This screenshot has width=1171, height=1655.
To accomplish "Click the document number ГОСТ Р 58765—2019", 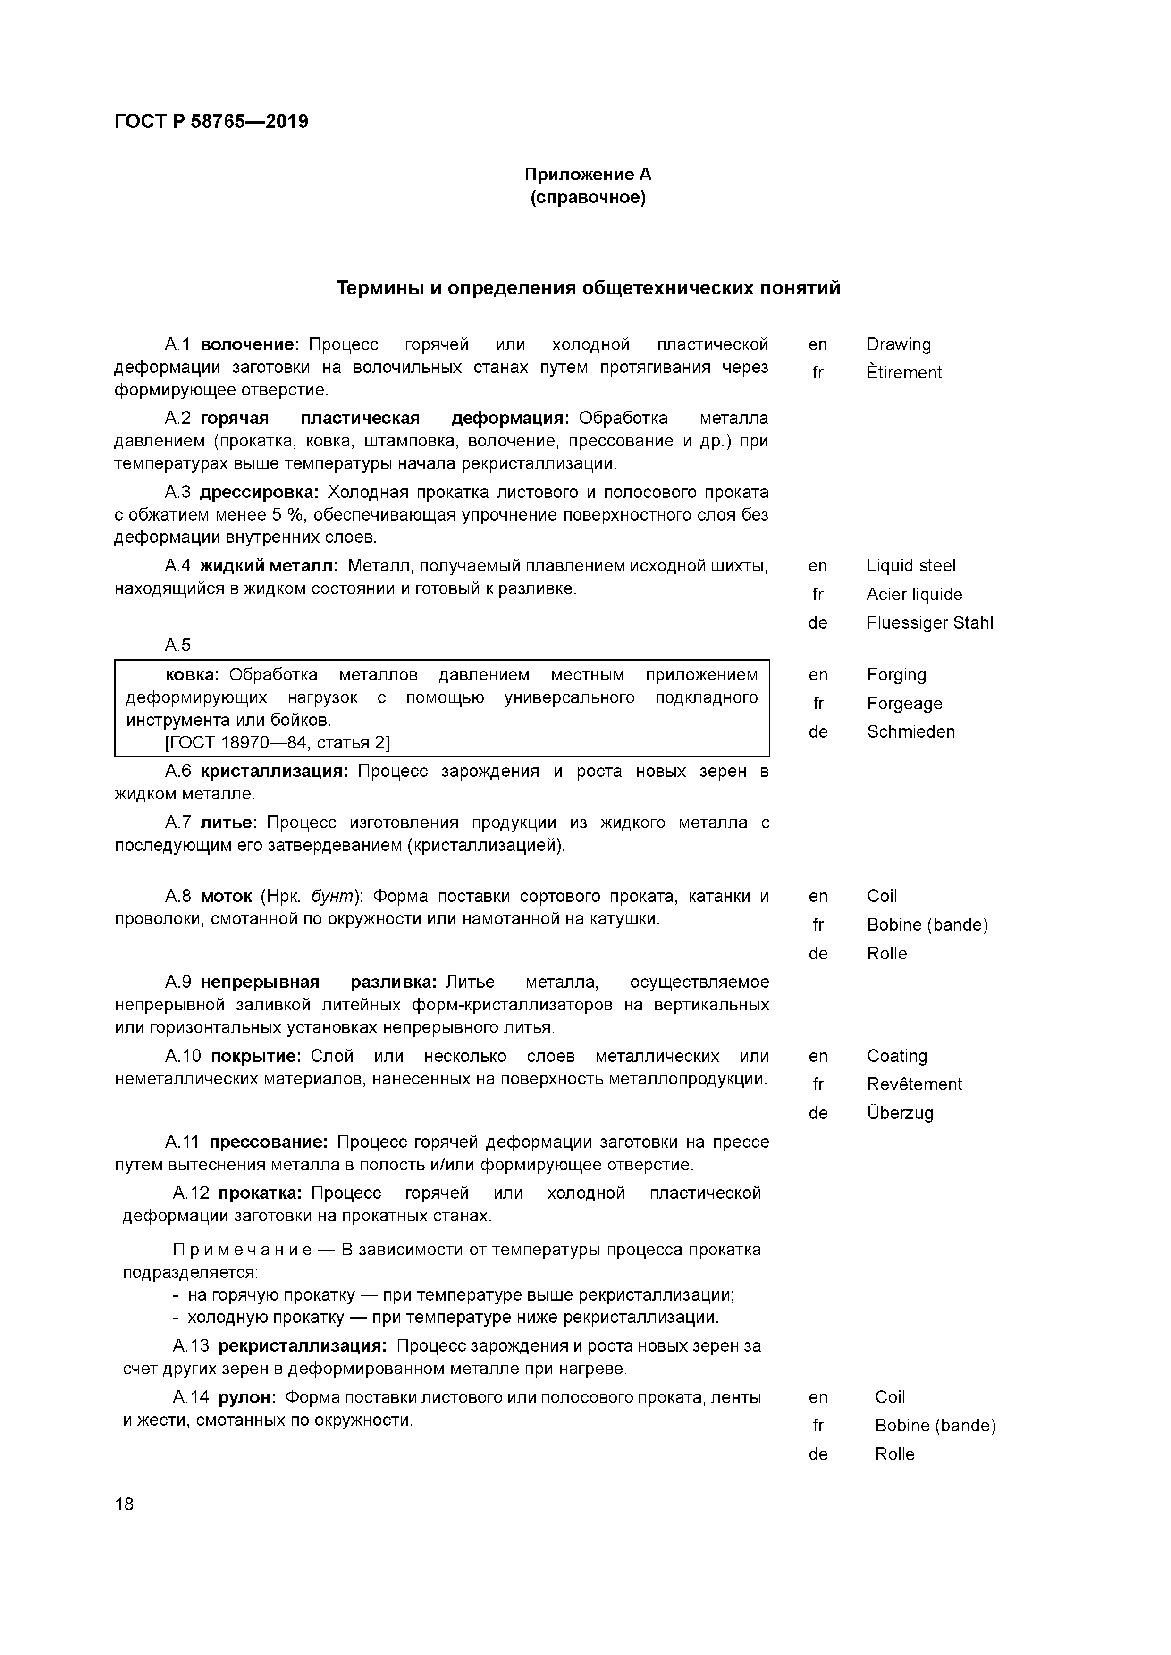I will tap(211, 121).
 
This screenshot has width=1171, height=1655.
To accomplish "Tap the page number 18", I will tap(124, 1504).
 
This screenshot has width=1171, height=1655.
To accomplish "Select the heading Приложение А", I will tap(588, 175).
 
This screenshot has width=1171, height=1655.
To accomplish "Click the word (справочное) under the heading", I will tap(588, 198).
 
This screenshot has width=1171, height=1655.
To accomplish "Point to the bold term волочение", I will tap(249, 344).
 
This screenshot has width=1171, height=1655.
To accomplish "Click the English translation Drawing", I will tap(899, 344).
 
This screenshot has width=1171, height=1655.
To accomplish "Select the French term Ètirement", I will tap(904, 373).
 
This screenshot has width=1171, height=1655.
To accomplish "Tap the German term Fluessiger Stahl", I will tap(929, 623).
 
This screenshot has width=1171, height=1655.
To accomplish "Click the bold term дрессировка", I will tap(259, 492).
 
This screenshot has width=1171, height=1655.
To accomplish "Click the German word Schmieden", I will tap(910, 731).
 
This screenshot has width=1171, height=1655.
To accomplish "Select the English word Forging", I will tap(896, 675).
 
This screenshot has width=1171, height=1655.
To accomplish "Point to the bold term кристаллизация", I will tap(274, 771).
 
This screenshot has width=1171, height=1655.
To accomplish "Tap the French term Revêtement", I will tap(914, 1084).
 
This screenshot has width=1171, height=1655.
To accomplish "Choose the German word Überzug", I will tap(900, 1113).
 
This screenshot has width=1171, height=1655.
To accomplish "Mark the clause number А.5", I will tap(177, 645).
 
